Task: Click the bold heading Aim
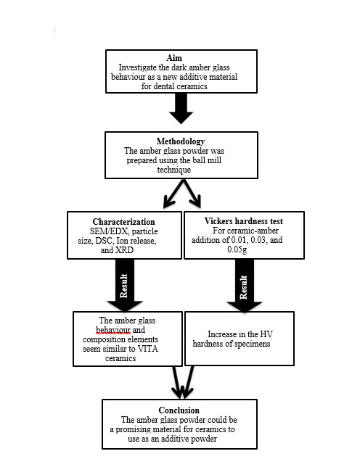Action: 174,58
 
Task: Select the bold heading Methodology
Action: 181,141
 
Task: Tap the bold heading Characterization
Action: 123,222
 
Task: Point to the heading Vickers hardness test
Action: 243,221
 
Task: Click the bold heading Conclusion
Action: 179,410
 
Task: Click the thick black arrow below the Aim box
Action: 181,109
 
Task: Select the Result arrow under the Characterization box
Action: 125,285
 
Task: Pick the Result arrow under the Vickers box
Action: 245,286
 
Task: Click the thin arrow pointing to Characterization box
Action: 173,194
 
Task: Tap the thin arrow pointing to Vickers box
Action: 192,194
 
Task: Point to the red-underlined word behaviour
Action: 113,330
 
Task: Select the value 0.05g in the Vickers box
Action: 237,249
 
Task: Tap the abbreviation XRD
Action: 124,250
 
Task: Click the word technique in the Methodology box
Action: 174,170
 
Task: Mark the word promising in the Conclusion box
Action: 134,429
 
